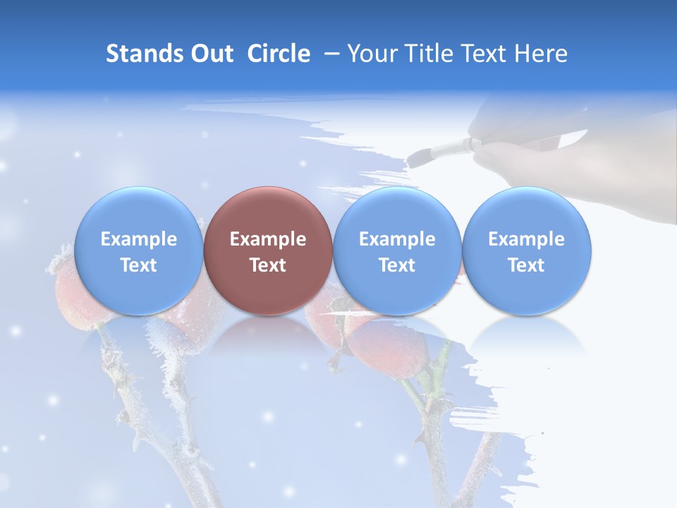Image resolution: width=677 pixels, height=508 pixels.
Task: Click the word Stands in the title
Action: pyautogui.click(x=145, y=54)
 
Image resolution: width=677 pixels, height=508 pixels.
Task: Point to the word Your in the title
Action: pyautogui.click(x=370, y=54)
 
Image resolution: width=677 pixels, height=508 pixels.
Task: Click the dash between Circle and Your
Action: pyautogui.click(x=329, y=54)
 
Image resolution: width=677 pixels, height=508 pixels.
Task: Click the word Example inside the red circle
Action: pyautogui.click(x=268, y=239)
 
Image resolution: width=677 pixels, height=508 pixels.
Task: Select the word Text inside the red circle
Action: pyautogui.click(x=268, y=265)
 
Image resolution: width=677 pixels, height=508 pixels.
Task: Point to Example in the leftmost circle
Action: pyautogui.click(x=138, y=239)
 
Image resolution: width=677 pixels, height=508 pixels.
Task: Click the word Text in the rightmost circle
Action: pyautogui.click(x=526, y=265)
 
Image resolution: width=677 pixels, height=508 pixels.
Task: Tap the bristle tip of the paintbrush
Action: pyautogui.click(x=417, y=157)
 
